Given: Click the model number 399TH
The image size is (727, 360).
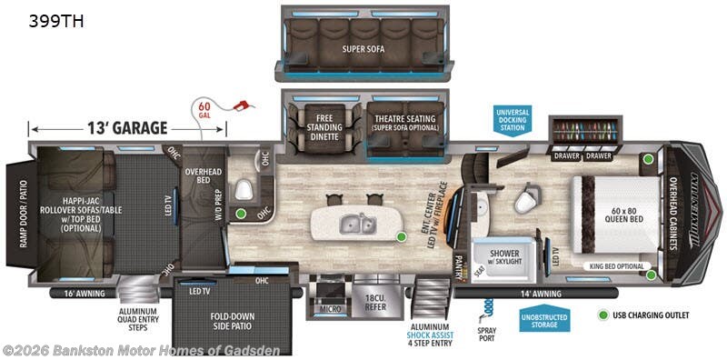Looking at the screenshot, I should pos(45,21).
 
